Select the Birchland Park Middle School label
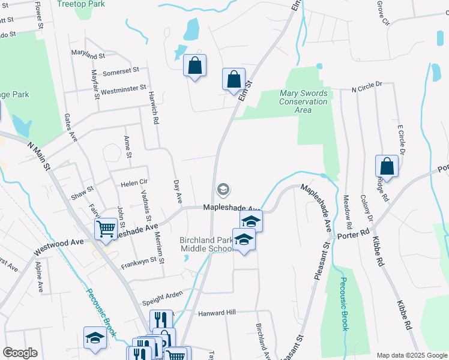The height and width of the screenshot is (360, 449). [206, 245]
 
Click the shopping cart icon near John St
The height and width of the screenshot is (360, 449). [106, 229]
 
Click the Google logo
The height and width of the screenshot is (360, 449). [20, 353]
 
